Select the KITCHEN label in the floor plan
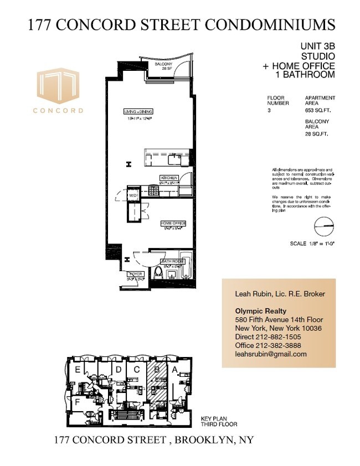tap(169, 178)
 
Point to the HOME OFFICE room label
tap(173, 223)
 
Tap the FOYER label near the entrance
tap(136, 273)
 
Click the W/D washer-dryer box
tap(133, 195)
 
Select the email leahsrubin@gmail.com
tap(271, 354)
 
